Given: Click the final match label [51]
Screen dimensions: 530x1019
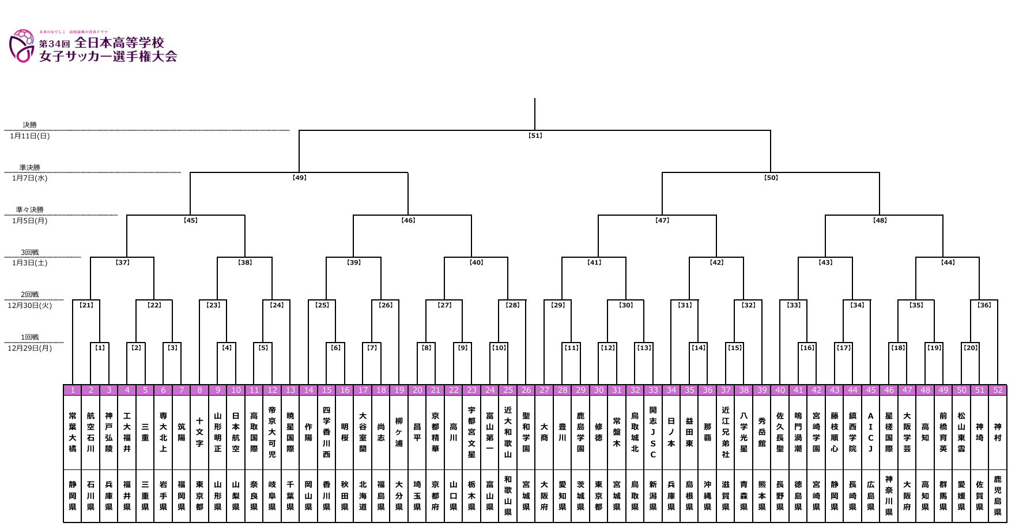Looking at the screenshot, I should [x=535, y=136].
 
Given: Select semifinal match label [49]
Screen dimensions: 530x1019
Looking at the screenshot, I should [x=299, y=178].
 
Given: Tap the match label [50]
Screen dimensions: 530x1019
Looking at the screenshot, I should [x=771, y=178].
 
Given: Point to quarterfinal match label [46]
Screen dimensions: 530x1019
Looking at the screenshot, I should [x=408, y=220].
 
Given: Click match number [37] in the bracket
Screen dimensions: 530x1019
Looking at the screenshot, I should [x=123, y=262].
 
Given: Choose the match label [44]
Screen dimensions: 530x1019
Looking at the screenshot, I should [x=948, y=262].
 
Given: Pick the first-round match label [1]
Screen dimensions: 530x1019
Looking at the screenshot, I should [x=100, y=348].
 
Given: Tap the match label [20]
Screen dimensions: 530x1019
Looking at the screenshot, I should [x=971, y=348].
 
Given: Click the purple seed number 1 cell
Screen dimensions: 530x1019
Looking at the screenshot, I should [x=73, y=390].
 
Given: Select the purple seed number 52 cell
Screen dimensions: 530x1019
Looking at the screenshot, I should [x=998, y=390].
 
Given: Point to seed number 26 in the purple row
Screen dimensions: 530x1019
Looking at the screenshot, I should [x=526, y=390].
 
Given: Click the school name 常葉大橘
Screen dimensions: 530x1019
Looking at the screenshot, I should [x=73, y=432].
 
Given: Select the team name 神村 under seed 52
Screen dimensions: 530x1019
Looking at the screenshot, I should [x=998, y=432].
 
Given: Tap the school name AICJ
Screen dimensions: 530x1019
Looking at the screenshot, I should [x=870, y=432].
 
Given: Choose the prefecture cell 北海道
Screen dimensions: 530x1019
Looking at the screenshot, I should [x=363, y=495].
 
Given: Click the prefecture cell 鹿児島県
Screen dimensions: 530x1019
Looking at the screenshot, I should [x=998, y=495].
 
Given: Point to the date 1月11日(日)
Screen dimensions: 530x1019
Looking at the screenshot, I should [x=30, y=136].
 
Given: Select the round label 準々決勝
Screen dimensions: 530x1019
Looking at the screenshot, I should [x=30, y=209].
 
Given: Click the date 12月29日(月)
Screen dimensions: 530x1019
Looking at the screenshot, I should [x=30, y=348].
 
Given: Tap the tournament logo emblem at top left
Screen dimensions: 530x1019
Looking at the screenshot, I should [x=22, y=46].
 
